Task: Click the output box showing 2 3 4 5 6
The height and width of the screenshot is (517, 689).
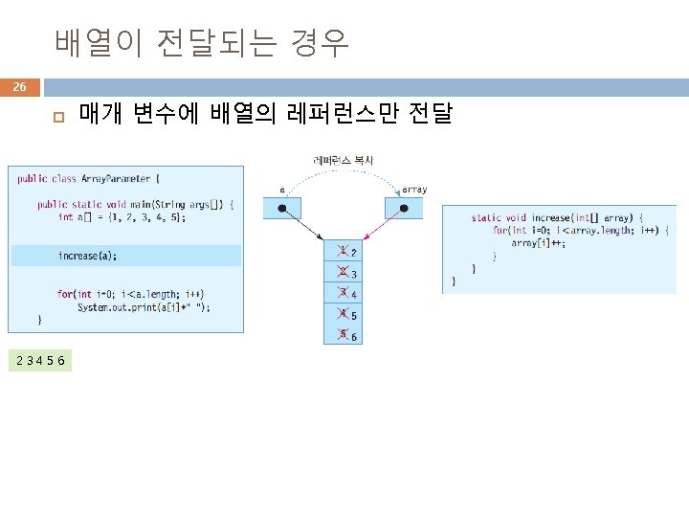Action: tap(41, 359)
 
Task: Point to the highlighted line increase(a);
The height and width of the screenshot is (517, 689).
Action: tap(88, 256)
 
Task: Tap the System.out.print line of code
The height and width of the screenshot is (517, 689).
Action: tap(144, 306)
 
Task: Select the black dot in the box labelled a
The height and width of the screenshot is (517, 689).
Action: tap(282, 208)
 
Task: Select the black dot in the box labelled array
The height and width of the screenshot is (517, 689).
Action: tap(405, 208)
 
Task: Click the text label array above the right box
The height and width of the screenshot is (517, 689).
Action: tap(414, 190)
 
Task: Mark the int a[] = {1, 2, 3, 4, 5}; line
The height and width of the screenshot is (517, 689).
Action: tap(122, 217)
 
